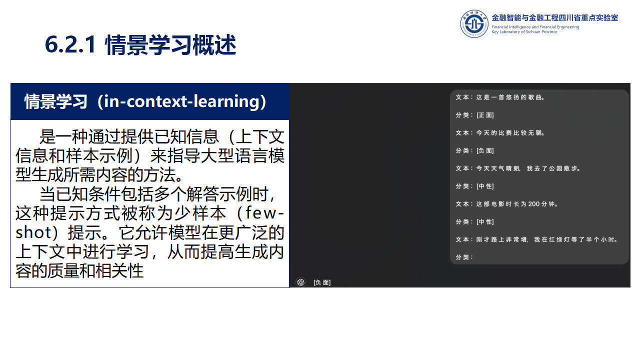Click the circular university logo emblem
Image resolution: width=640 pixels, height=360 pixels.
[x=474, y=23]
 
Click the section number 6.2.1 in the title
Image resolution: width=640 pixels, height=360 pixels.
[x=70, y=45]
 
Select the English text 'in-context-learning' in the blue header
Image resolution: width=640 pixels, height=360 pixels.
[x=181, y=101]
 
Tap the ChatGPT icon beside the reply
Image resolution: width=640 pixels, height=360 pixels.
[x=300, y=282]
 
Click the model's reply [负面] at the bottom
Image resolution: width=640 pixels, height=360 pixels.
[x=322, y=282]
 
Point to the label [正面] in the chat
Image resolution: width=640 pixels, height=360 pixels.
[x=485, y=115]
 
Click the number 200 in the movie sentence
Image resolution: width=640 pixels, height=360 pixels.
[x=533, y=204]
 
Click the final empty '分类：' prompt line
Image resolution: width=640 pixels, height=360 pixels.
[x=464, y=257]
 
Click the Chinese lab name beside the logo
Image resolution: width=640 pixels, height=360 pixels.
[x=554, y=17]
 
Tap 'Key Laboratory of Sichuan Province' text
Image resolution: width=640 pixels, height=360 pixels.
[x=524, y=32]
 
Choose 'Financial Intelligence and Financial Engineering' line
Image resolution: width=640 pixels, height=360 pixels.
[x=535, y=27]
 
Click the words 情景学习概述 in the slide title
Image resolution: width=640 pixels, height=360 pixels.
[x=171, y=45]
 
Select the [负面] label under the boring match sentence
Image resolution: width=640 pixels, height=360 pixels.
[x=485, y=150]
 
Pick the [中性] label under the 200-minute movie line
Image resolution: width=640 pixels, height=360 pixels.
[x=485, y=221]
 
